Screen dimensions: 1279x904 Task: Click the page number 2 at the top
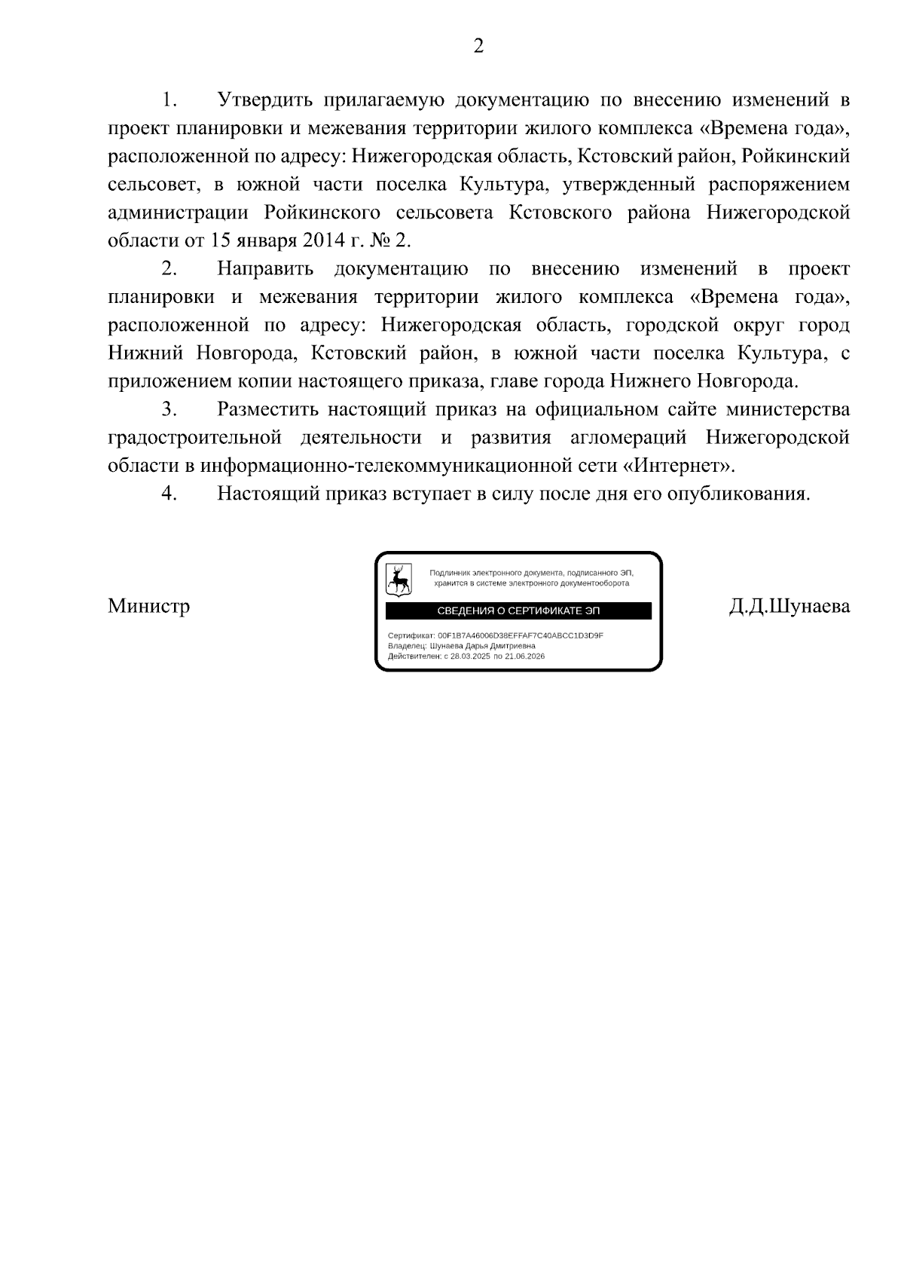coord(478,47)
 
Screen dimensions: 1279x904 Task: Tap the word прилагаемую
coord(386,100)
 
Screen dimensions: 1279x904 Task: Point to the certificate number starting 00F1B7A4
coord(520,636)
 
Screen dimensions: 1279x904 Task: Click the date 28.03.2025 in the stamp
coord(470,656)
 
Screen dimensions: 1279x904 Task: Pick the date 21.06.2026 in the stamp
coord(524,656)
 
